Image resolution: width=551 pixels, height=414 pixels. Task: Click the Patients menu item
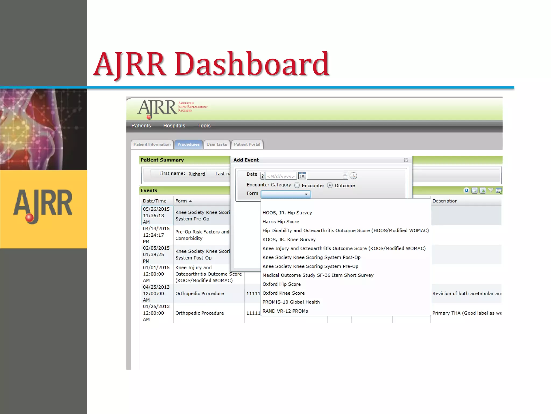click(141, 126)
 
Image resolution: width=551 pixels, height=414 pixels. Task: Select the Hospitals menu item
click(174, 126)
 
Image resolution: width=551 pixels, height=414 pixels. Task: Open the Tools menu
click(204, 126)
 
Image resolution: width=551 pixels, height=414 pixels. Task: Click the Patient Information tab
click(152, 144)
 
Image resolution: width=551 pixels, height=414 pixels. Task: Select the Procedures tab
click(188, 144)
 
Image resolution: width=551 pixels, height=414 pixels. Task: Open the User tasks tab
click(217, 144)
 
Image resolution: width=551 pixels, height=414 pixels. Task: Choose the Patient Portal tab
click(247, 144)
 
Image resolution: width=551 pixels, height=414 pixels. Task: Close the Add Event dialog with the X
click(406, 160)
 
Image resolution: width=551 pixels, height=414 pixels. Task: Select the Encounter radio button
click(297, 185)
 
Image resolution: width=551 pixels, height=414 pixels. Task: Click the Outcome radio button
click(330, 185)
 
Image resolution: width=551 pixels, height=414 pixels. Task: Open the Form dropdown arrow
click(306, 194)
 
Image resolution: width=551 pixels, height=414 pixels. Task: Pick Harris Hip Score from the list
click(281, 222)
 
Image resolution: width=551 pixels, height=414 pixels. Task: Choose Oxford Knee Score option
click(284, 293)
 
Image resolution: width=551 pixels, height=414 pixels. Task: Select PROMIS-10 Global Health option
click(291, 302)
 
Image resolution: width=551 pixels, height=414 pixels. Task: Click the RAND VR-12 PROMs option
click(285, 311)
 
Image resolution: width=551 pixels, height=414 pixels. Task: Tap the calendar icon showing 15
click(302, 176)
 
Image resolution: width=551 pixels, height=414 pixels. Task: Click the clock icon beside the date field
click(353, 176)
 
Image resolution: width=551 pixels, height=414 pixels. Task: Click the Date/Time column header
click(155, 201)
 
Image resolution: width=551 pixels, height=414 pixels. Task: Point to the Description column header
click(445, 201)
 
